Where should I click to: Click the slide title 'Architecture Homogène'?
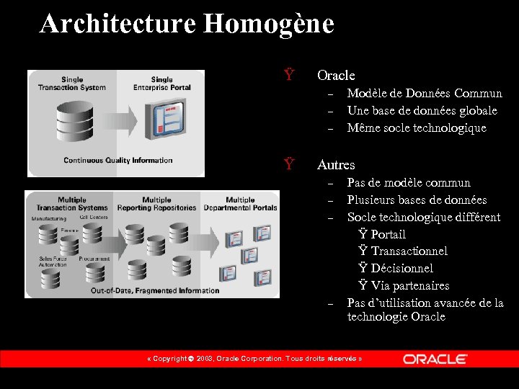pos(187,24)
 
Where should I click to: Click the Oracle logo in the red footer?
pos(435,359)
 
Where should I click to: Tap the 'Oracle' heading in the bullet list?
pos(336,75)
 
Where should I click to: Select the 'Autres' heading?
pos(336,165)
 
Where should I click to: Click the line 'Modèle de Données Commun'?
pos(425,93)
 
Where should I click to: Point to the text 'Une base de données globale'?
pos(422,110)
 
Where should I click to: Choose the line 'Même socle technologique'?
pos(417,128)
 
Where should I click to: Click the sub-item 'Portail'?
pos(388,234)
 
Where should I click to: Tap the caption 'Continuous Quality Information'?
pos(118,160)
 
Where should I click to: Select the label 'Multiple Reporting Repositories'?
pos(156,204)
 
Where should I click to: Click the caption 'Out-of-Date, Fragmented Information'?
pos(155,290)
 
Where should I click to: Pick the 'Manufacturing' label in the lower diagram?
pos(48,218)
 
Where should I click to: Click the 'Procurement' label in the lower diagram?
pos(94,258)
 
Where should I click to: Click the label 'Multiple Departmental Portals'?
pos(240,204)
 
